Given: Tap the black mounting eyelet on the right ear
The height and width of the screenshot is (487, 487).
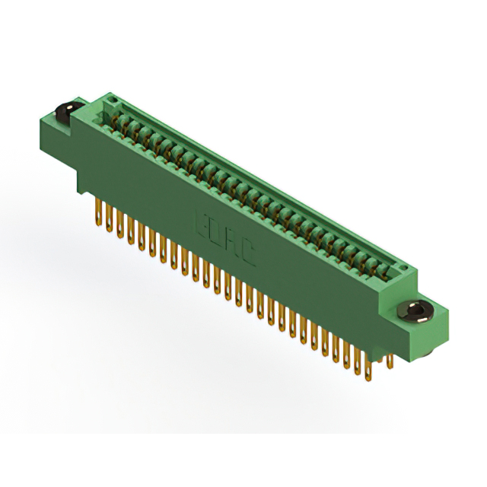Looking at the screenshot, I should [x=416, y=310].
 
